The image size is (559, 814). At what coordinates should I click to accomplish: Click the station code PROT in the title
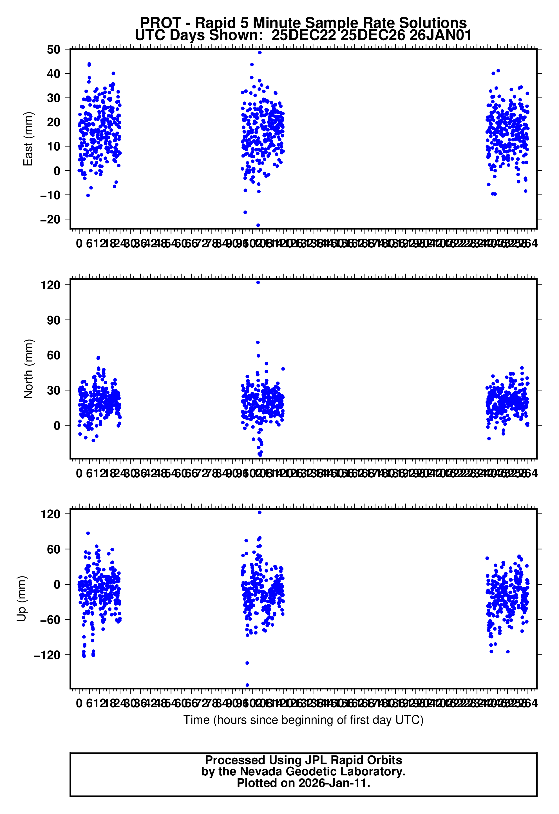(160, 23)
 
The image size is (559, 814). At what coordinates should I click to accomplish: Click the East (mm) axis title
(28, 139)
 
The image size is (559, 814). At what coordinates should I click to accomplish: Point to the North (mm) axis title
(28, 369)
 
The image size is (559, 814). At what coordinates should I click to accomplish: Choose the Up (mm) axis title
(22, 599)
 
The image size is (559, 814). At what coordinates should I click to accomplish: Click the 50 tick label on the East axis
(53, 50)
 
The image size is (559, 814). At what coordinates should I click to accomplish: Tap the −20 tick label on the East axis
(50, 220)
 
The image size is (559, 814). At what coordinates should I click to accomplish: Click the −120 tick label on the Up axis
(47, 655)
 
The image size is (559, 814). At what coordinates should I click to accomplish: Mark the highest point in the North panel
(258, 283)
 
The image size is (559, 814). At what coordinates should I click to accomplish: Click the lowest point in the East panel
(258, 225)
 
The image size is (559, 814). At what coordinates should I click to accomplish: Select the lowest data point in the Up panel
(247, 685)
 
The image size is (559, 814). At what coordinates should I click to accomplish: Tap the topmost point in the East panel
(260, 53)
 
